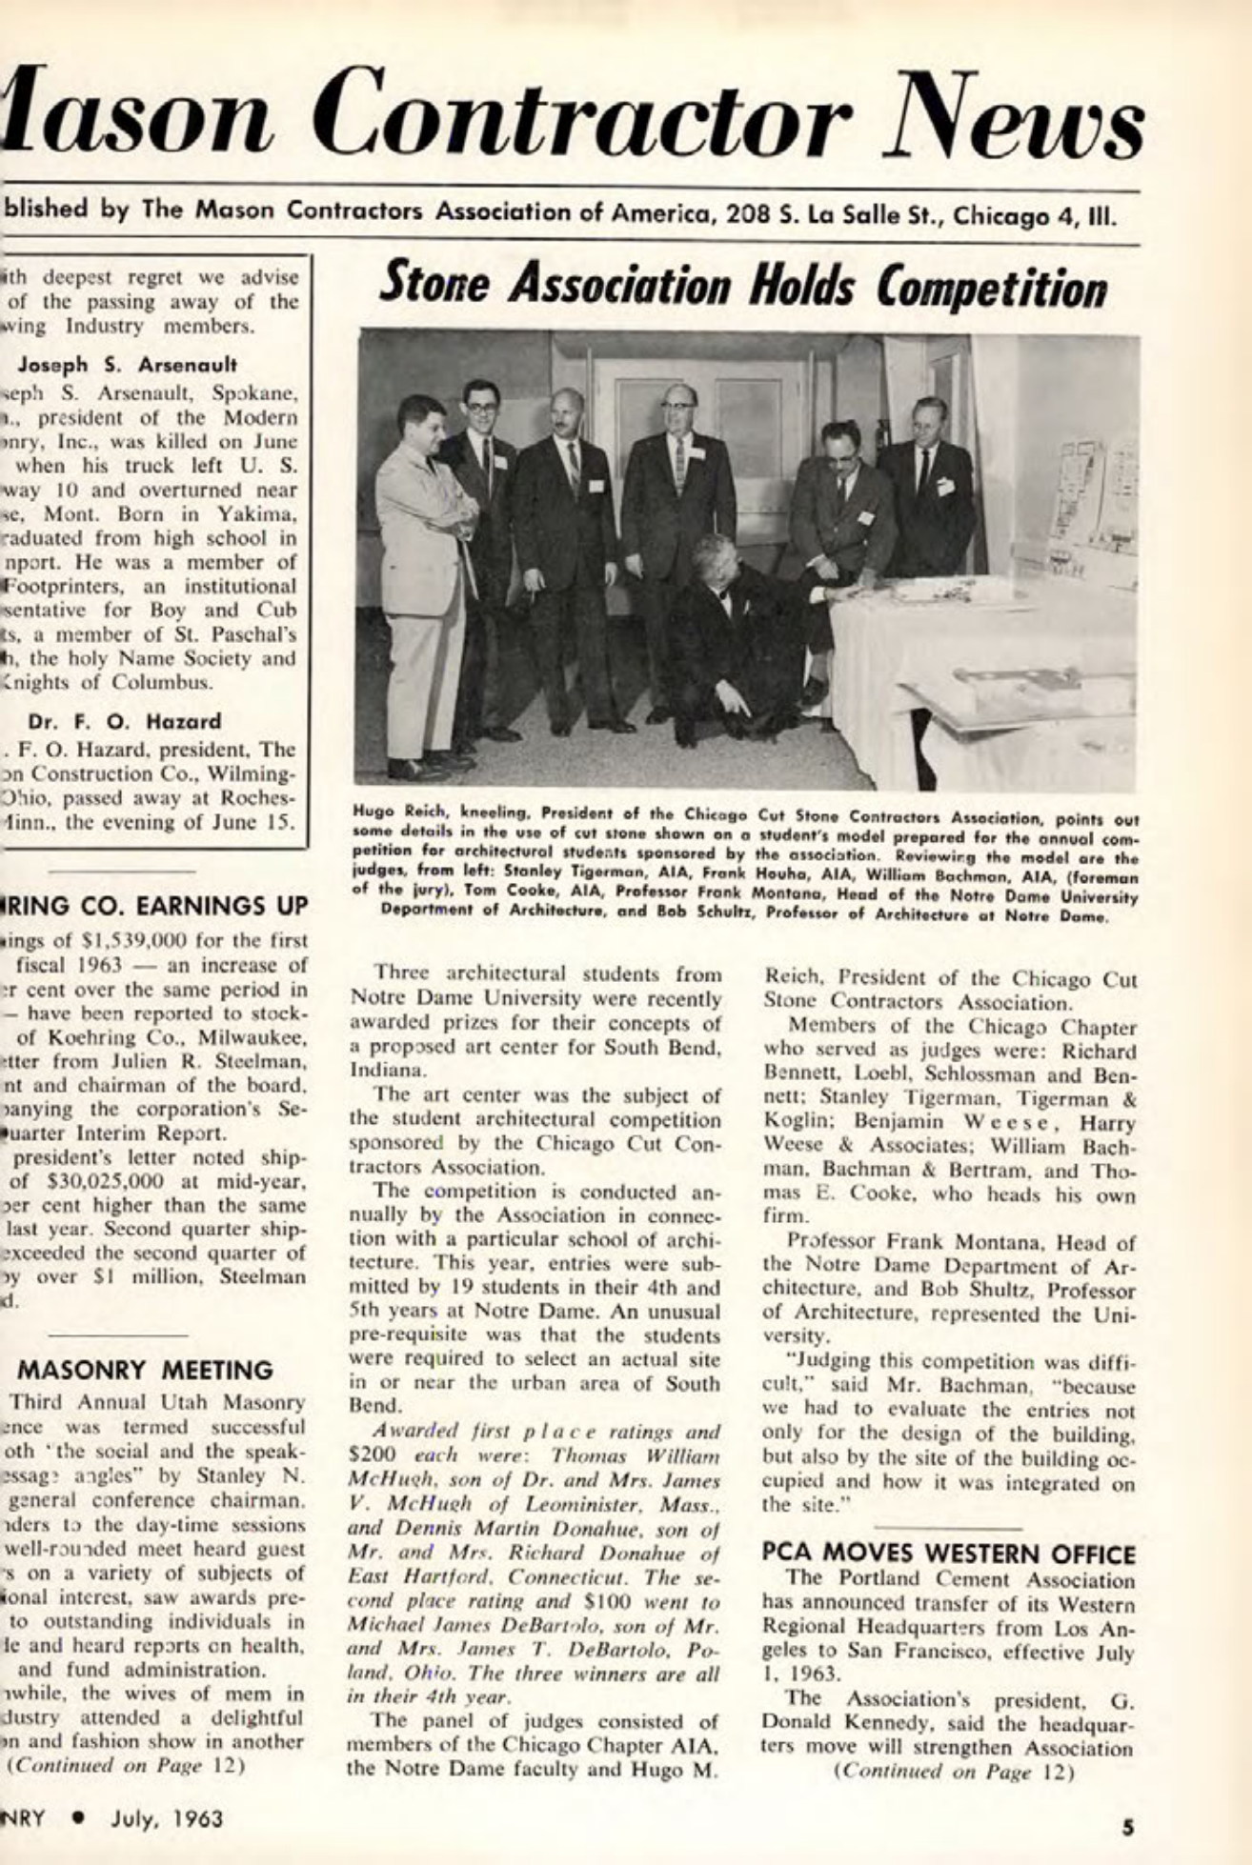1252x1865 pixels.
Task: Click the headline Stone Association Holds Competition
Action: [743, 284]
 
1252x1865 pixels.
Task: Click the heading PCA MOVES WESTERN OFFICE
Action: [950, 1554]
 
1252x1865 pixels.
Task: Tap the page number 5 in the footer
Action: [1129, 1826]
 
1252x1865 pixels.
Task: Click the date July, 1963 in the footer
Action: [166, 1818]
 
